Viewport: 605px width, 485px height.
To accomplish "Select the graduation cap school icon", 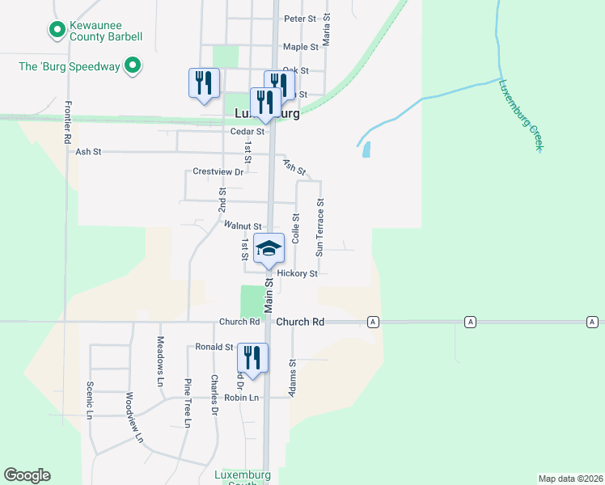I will click(269, 248).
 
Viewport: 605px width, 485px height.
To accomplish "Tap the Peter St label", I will click(299, 18).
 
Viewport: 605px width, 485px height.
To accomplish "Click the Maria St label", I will click(327, 28).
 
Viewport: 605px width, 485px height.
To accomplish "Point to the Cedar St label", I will click(247, 131).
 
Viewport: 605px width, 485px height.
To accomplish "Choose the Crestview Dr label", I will click(218, 172).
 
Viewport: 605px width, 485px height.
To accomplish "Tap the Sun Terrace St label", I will click(320, 228).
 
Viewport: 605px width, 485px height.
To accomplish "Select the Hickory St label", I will click(297, 273).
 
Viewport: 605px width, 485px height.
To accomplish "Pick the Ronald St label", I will click(214, 347).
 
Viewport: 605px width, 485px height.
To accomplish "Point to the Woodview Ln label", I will click(133, 418).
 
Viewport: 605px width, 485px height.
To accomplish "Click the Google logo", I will click(27, 475).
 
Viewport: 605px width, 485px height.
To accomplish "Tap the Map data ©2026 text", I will click(570, 479).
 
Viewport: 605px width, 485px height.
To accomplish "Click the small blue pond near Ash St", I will click(366, 150).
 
